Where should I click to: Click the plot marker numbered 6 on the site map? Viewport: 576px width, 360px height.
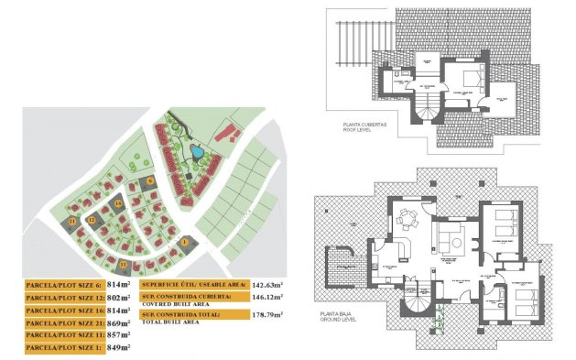click(149, 180)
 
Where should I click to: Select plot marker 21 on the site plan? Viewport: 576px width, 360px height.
click(72, 221)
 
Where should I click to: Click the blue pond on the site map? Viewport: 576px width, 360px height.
click(195, 151)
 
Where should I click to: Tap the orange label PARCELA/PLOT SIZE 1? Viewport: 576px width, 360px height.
click(62, 348)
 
